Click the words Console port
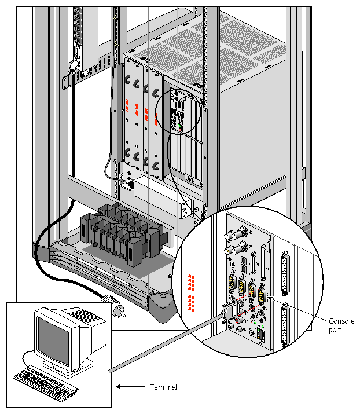pos(341,325)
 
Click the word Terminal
pos(163,387)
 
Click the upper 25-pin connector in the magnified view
pos(284,272)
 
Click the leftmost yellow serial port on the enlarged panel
pos(230,285)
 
